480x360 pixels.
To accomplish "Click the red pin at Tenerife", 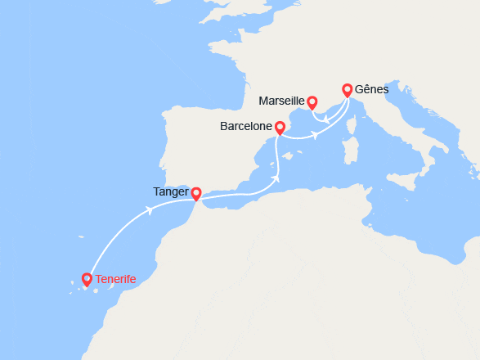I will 87,280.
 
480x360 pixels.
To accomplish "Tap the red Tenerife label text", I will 115,280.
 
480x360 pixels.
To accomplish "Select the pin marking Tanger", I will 196,193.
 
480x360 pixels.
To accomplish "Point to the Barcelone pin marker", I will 280,128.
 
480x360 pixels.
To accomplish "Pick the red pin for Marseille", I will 312,101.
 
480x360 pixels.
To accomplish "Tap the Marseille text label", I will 280,101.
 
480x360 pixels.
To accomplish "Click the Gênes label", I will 372,89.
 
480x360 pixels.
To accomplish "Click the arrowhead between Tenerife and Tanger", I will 150,210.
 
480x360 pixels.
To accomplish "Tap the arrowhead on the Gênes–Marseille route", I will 325,121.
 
